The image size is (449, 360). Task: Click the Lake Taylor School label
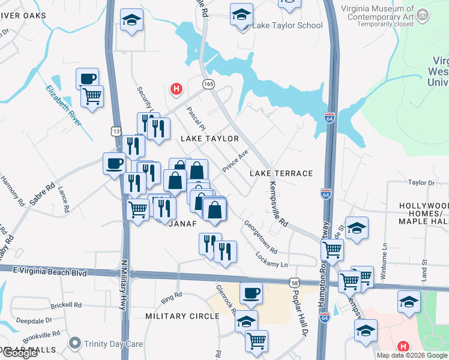coord(288,25)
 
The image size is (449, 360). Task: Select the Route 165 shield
coord(208,85)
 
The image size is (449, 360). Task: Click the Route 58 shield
coord(294,282)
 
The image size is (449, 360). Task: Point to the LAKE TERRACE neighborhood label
coord(282,173)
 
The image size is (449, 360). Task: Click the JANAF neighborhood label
coord(182,224)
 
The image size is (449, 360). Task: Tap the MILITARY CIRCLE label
coord(182,316)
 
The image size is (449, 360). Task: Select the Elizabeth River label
coord(63,105)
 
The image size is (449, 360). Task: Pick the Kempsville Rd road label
coord(279,204)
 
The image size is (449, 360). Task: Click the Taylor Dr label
coord(421,182)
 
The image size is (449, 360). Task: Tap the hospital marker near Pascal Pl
coord(176,89)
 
